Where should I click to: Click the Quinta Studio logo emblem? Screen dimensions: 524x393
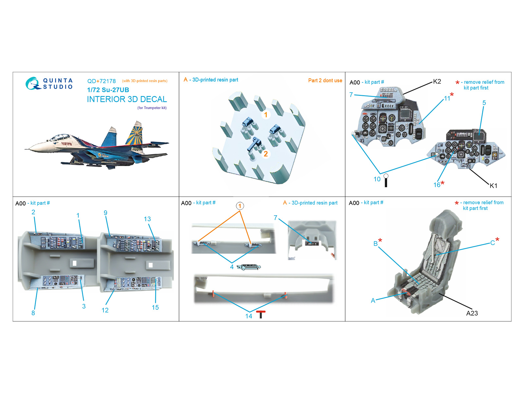click(x=32, y=83)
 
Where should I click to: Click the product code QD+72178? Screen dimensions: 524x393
click(x=102, y=81)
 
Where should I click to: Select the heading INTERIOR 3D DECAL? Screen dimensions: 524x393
click(x=127, y=99)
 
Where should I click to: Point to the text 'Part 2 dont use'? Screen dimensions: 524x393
click(x=325, y=81)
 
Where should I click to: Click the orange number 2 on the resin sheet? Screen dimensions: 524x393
click(x=266, y=154)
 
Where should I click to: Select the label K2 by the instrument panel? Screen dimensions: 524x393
click(x=437, y=81)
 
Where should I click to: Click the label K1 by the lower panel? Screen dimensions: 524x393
click(x=493, y=186)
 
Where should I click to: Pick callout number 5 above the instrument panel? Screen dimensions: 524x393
click(x=484, y=103)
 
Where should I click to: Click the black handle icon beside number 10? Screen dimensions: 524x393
click(x=386, y=180)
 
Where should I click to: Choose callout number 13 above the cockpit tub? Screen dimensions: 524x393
click(x=147, y=219)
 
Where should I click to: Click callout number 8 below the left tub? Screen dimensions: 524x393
click(x=33, y=313)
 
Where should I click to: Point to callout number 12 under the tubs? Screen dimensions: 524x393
click(x=105, y=310)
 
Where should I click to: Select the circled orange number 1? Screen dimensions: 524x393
click(x=240, y=206)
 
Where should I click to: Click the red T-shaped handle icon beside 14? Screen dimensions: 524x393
click(x=261, y=314)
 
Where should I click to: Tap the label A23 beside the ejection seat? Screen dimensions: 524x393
click(x=472, y=313)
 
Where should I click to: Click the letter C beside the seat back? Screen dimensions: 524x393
click(x=492, y=243)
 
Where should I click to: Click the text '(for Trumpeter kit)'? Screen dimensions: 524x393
click(x=152, y=108)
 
